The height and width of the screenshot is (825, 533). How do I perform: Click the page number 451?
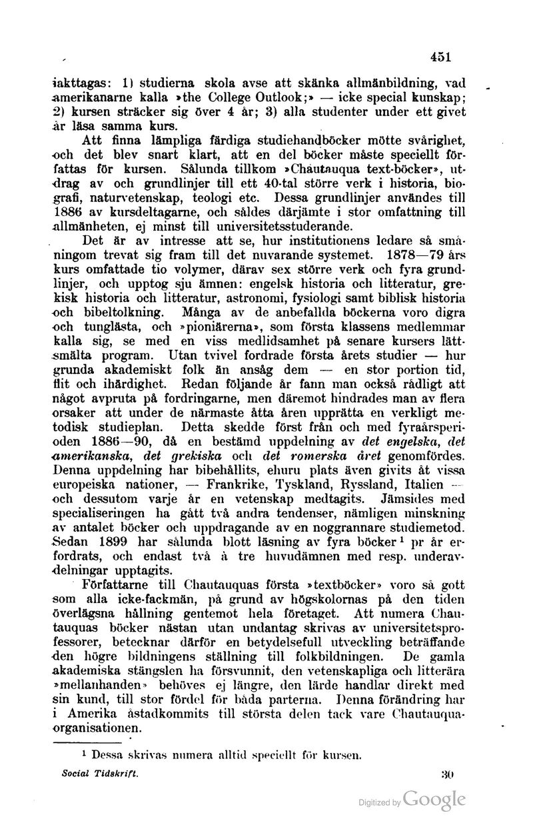click(x=442, y=57)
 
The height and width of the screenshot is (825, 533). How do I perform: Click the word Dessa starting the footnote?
click(x=114, y=755)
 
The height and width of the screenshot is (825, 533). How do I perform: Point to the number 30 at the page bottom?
click(x=447, y=776)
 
